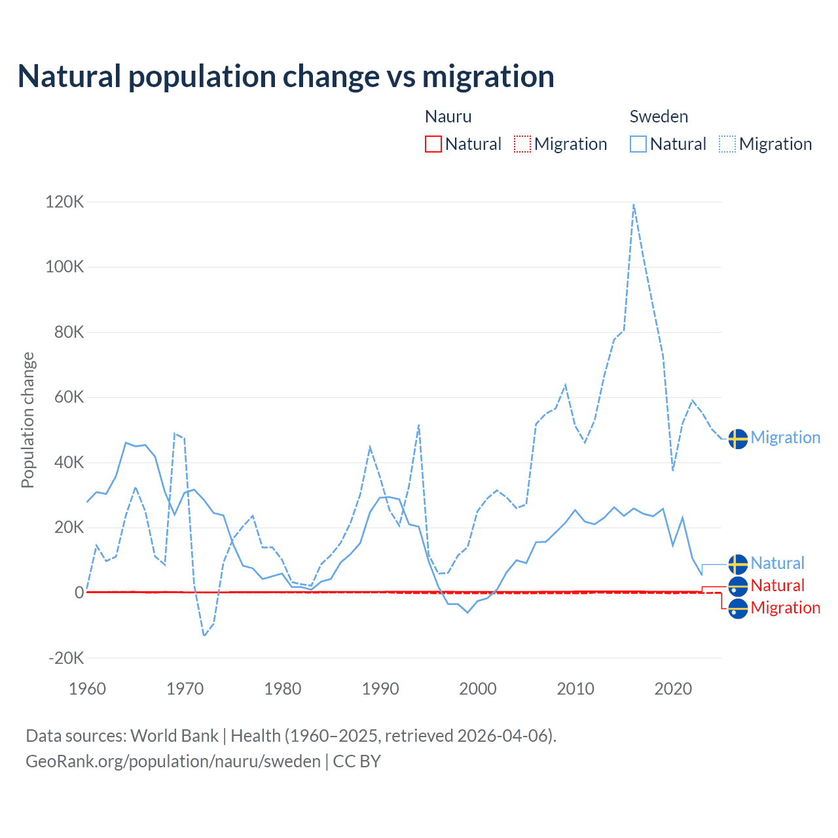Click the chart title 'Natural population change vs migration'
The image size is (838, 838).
click(x=286, y=77)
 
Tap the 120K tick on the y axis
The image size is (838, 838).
click(x=65, y=202)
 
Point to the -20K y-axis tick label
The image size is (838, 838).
click(x=67, y=658)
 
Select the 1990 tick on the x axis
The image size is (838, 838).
click(x=380, y=689)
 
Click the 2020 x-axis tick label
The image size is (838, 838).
click(x=673, y=689)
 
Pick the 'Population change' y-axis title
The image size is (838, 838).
click(x=27, y=420)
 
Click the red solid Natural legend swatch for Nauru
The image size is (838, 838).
click(x=433, y=144)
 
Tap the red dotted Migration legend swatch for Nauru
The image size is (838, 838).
click(x=522, y=144)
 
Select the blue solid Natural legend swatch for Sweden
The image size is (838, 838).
click(x=638, y=144)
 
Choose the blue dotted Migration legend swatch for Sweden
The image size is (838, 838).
click(x=727, y=144)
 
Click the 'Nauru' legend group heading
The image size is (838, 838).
click(x=448, y=117)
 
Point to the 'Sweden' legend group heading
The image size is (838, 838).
click(x=659, y=117)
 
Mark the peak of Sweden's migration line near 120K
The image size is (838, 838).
click(x=634, y=205)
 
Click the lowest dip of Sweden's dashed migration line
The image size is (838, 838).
click(x=204, y=635)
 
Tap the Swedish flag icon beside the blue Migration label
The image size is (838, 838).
click(x=738, y=439)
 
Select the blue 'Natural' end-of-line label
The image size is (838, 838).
click(x=777, y=563)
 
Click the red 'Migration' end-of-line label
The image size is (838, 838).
click(x=785, y=608)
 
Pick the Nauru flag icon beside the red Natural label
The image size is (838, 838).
click(x=738, y=587)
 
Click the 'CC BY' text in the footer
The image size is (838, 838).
click(x=357, y=761)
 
